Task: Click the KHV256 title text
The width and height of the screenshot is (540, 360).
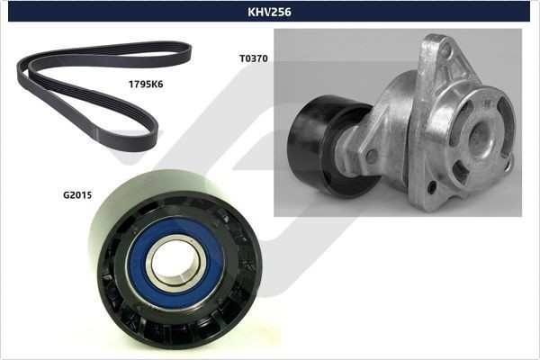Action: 269,12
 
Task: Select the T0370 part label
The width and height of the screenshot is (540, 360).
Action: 253,58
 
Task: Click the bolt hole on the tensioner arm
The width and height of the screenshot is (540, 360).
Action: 372,156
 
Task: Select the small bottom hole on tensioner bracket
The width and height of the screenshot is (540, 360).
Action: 432,186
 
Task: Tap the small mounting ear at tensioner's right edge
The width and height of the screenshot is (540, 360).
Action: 509,163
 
